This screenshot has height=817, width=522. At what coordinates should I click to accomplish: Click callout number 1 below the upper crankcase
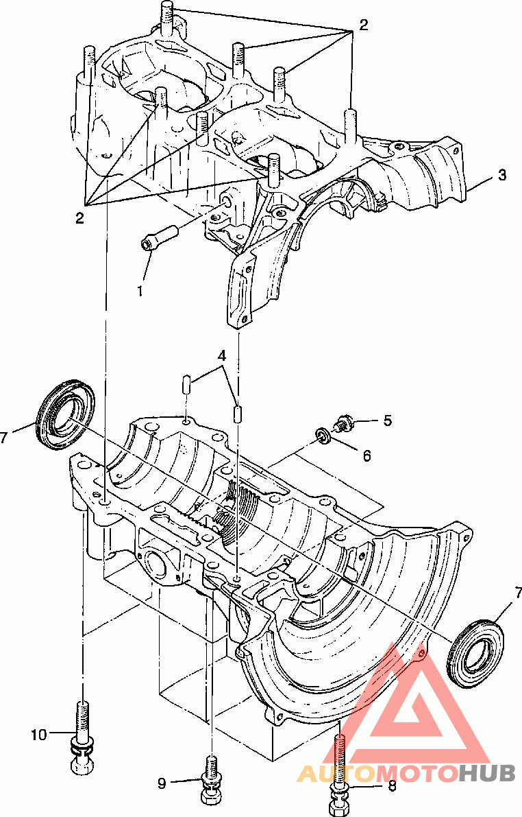(x=140, y=290)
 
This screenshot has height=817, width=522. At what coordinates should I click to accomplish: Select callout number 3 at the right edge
(x=501, y=176)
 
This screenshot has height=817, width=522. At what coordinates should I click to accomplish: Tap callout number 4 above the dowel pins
(x=222, y=357)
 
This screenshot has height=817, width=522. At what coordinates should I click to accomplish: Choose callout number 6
(x=367, y=456)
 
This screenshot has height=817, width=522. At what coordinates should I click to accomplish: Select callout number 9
(x=162, y=783)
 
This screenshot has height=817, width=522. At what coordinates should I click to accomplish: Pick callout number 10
(x=39, y=735)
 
